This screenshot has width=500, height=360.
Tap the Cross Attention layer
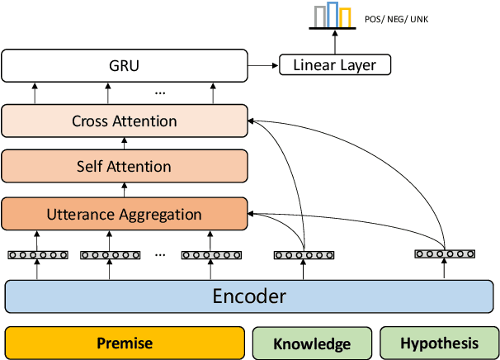125,121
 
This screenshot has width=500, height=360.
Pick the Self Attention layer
125,166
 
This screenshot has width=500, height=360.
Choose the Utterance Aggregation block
125,214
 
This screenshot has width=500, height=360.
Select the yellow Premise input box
125,343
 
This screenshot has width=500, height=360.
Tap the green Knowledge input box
312,343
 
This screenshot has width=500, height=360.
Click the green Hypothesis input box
438,343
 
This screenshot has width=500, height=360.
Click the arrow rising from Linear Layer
334,41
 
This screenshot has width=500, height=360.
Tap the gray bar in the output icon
320,18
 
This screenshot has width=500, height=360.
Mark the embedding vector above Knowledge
304,255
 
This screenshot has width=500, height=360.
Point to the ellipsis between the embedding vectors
159,254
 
